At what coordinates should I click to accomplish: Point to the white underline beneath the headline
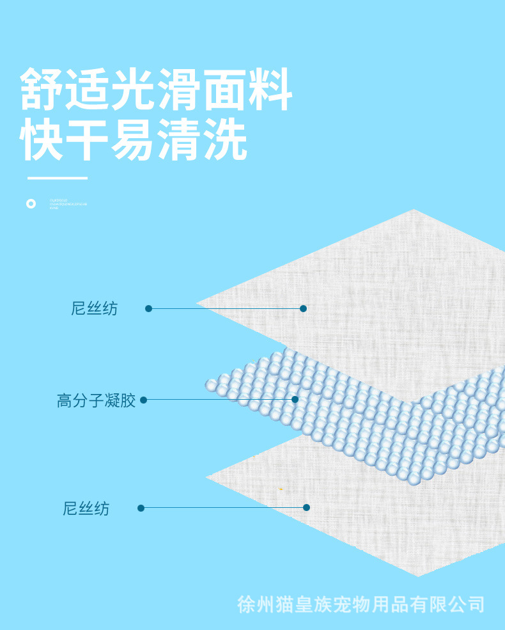tap(57, 178)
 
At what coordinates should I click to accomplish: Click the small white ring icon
tap(31, 203)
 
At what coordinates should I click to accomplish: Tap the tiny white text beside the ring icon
tap(68, 204)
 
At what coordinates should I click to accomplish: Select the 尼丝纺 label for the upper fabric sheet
tap(95, 308)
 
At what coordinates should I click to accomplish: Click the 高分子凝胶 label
tap(96, 401)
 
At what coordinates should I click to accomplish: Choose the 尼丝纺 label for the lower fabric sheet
tap(86, 509)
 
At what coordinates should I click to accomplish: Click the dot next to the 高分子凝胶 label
tap(143, 400)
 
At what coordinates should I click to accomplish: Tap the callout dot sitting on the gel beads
tap(295, 399)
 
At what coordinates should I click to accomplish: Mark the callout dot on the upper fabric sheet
tap(303, 308)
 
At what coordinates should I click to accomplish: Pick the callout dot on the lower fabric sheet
tap(306, 507)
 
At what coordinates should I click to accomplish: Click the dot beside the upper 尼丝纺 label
tap(148, 308)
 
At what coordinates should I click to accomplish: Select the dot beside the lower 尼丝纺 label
tap(141, 508)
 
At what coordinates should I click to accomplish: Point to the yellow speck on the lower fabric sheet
tap(281, 489)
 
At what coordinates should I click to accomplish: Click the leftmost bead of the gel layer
tap(211, 385)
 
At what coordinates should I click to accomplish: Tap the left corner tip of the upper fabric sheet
tap(198, 303)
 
